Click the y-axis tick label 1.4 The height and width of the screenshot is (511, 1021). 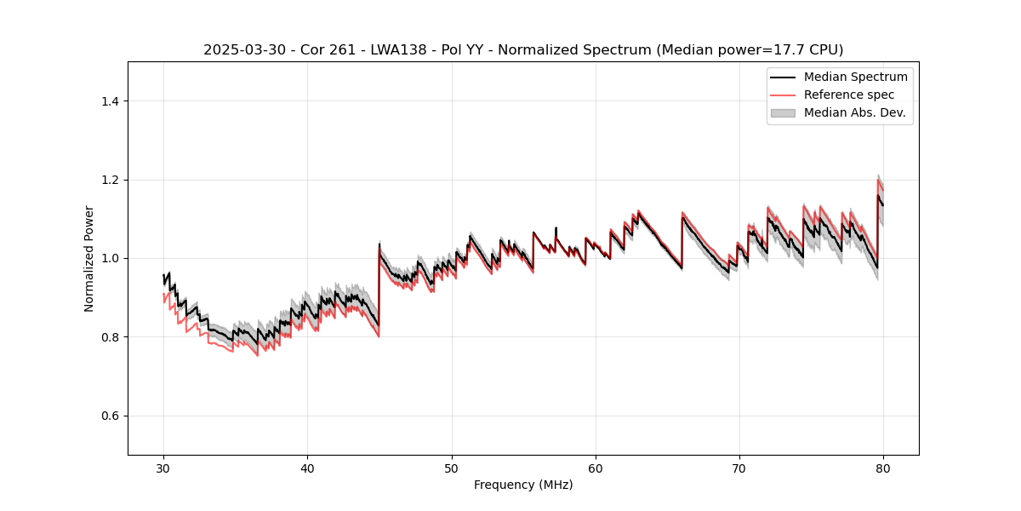pos(110,101)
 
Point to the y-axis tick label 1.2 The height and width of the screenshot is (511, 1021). pos(110,180)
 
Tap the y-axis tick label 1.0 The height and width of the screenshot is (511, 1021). pos(110,258)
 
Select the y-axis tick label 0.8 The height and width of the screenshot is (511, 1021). pos(110,337)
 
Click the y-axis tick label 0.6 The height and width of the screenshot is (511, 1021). pos(110,416)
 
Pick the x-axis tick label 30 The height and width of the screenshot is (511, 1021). pos(164,468)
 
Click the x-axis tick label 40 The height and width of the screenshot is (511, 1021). pos(308,468)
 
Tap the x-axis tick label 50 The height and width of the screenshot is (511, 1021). pos(452,468)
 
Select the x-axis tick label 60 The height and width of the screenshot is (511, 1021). pos(596,468)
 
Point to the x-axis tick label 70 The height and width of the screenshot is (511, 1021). pos(739,468)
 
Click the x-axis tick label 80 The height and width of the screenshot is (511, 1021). pos(883,468)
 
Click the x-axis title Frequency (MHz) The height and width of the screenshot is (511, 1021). pos(523,485)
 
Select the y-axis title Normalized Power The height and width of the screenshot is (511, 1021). pos(89,258)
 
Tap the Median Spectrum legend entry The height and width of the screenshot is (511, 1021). pos(855,77)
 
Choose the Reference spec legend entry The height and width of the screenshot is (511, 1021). pos(848,95)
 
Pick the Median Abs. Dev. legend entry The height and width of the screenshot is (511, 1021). pos(854,112)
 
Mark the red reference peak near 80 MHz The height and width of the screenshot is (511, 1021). pos(878,180)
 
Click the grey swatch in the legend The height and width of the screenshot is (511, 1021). pos(782,112)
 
